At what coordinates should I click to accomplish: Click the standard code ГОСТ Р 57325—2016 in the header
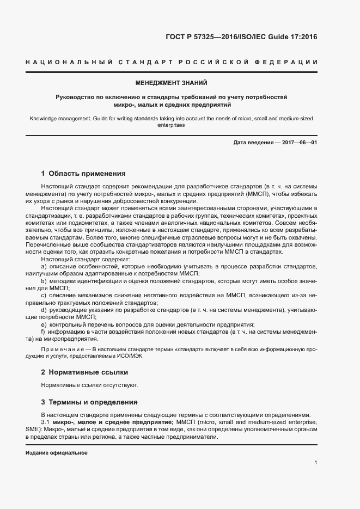200,38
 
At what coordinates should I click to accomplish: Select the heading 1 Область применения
83,174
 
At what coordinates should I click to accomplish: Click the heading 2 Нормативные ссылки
84,372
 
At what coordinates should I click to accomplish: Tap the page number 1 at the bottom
316,463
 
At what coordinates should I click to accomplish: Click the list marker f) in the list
44,331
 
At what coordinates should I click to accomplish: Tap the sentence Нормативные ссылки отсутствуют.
89,385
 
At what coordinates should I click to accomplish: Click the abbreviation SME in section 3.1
33,429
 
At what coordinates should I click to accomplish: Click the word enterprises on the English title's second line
171,125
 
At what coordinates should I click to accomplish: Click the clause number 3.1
46,422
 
